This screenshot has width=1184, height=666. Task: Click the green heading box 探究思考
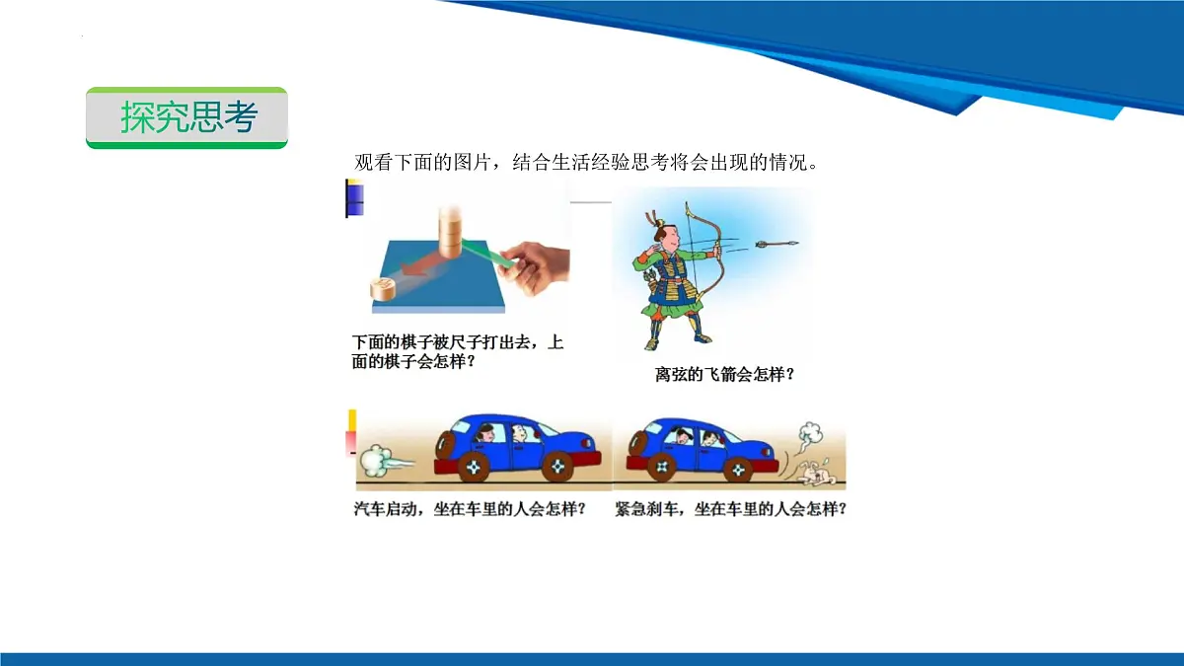click(x=186, y=117)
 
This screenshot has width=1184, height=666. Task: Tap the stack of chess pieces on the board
click(x=451, y=232)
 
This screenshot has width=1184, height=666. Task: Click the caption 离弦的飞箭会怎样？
click(x=724, y=375)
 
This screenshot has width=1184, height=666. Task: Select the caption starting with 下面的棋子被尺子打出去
click(x=458, y=351)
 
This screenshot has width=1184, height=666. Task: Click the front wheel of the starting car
click(x=556, y=466)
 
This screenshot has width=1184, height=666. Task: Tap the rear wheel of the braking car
click(x=662, y=466)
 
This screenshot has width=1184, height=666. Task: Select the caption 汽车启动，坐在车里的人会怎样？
click(x=469, y=509)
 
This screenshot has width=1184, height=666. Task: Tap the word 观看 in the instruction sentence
click(x=372, y=163)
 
